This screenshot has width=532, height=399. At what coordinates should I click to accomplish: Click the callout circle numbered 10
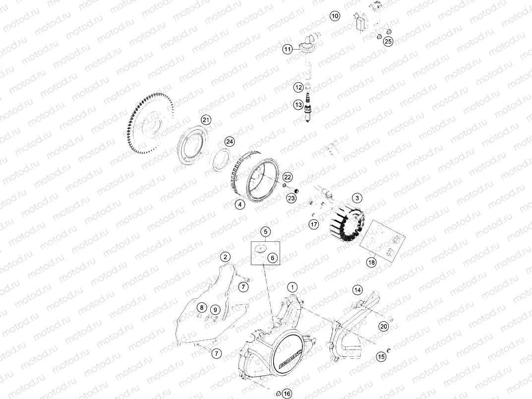[335, 16]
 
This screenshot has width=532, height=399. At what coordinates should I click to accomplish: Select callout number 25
[388, 42]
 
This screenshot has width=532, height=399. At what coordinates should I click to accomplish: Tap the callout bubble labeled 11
[288, 49]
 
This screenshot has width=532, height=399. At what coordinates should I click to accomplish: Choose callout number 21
[206, 120]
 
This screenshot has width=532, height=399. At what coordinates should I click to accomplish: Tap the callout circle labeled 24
[229, 142]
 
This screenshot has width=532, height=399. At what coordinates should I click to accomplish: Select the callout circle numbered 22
[288, 177]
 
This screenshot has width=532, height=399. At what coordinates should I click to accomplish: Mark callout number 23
[291, 198]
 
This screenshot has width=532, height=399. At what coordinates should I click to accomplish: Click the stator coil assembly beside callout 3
[347, 223]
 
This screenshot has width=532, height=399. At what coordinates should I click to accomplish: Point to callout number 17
[313, 225]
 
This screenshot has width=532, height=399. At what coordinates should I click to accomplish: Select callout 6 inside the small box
[272, 258]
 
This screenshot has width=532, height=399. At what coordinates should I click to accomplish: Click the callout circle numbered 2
[225, 257]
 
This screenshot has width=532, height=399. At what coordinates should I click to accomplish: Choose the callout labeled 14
[357, 289]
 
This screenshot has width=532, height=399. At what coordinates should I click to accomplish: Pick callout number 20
[383, 326]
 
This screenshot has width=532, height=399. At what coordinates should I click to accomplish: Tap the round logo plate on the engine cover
[289, 355]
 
